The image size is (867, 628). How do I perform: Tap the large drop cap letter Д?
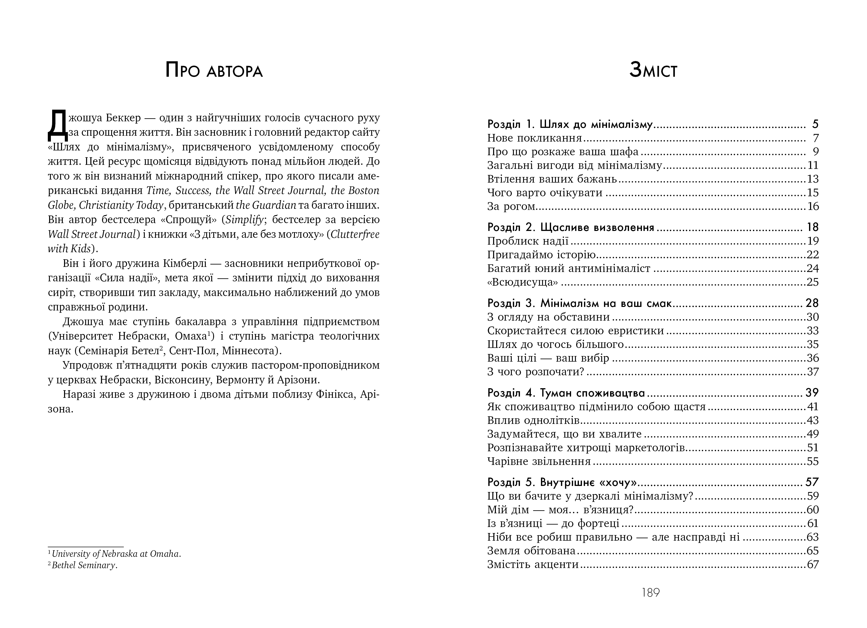(57, 125)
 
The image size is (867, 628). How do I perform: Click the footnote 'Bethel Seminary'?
(84, 565)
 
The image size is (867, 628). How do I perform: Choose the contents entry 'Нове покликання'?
(534, 138)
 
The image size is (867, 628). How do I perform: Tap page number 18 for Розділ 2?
(812, 227)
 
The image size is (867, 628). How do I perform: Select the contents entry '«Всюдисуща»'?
(522, 282)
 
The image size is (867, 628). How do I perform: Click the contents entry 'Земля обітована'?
(531, 551)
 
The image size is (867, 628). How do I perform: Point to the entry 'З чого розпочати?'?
(536, 372)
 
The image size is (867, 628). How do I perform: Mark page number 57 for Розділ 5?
(812, 482)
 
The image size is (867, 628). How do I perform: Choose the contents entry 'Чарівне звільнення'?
(539, 461)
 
